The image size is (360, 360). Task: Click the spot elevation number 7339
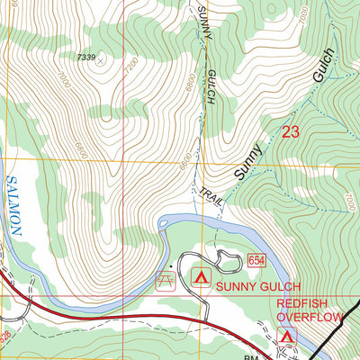86,57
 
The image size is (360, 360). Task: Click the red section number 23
290,132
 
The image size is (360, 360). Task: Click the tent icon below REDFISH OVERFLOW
287,336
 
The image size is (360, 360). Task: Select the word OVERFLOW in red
310,317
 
